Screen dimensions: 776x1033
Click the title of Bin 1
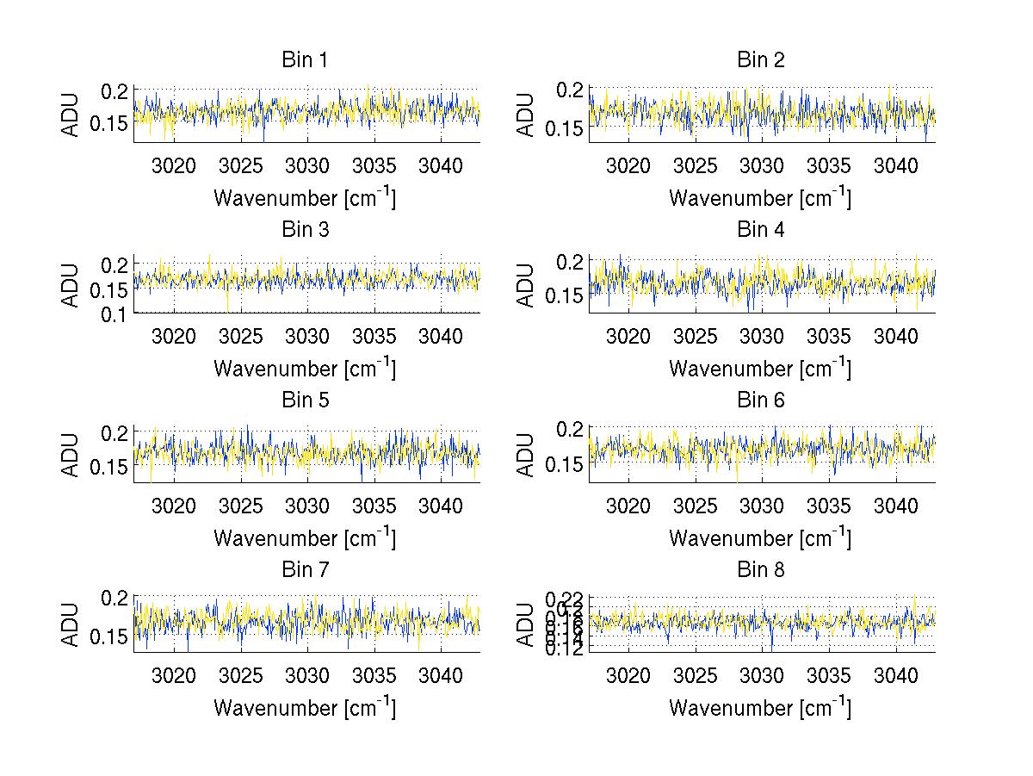click(306, 60)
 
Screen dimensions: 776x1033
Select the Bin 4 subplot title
click(761, 230)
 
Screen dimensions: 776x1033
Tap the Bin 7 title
click(306, 570)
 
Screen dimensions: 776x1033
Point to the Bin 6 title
click(761, 400)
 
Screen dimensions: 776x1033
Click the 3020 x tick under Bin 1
click(174, 165)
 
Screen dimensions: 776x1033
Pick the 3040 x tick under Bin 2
click(896, 165)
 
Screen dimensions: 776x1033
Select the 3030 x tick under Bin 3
click(307, 336)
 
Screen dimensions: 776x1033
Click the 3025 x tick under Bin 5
click(241, 506)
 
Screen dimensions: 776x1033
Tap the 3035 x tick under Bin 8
click(829, 676)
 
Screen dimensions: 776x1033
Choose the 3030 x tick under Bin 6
click(762, 506)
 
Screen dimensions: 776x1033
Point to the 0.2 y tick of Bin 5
click(115, 431)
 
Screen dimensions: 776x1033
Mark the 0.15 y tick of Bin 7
click(108, 636)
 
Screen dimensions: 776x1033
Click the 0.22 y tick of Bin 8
click(564, 597)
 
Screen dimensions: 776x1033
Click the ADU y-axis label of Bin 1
click(71, 115)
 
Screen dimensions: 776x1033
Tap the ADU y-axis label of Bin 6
click(526, 455)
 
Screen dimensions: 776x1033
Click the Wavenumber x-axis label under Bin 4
click(761, 368)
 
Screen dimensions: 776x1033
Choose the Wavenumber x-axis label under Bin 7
click(306, 708)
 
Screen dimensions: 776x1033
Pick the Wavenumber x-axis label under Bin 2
click(761, 198)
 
